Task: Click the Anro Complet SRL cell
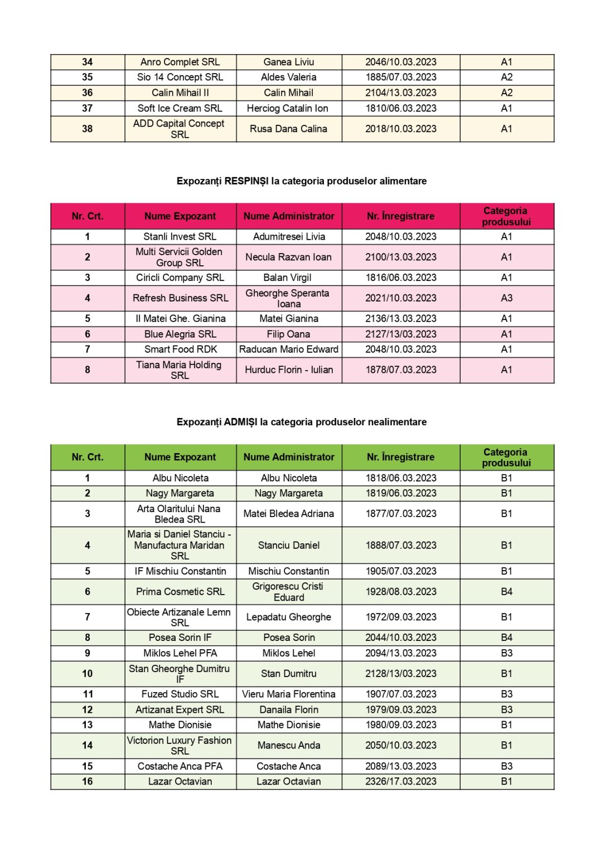coord(180,62)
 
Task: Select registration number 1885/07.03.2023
coord(400,77)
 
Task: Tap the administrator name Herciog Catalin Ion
coord(288,108)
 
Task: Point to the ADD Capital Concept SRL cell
coord(180,129)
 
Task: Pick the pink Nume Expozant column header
coord(180,216)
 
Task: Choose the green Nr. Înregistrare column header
coord(400,457)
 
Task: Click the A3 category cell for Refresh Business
coord(506,298)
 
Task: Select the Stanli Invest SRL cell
coord(180,237)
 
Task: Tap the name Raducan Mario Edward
coord(288,349)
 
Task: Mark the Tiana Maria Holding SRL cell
coord(180,370)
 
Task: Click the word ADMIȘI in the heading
coord(240,422)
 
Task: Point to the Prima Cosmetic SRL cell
coord(180,592)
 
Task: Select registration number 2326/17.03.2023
coord(400,781)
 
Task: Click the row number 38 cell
coord(88,129)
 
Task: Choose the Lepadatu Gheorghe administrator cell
coord(288,617)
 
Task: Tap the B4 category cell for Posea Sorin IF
coord(506,638)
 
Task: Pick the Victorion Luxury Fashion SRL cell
coord(180,746)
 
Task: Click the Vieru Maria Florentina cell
coord(288,694)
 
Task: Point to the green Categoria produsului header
coord(506,457)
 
